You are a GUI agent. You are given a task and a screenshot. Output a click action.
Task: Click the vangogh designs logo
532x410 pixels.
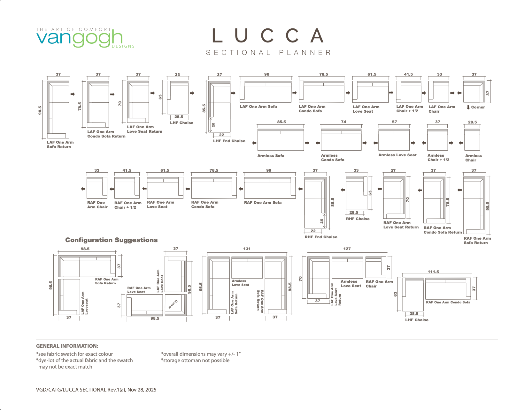(85, 38)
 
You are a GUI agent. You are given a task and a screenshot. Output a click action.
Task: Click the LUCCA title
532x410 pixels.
(268, 35)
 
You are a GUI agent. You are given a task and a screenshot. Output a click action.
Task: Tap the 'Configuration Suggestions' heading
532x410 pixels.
(112, 240)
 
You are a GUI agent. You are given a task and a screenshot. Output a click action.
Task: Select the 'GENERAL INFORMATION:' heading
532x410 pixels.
(67, 346)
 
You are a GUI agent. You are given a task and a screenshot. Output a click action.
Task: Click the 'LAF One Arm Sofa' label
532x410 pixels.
(258, 107)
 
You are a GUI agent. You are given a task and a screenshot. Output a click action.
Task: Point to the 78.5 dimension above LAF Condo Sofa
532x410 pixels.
(324, 74)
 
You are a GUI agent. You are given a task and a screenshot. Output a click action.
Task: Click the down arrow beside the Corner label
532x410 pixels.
(468, 108)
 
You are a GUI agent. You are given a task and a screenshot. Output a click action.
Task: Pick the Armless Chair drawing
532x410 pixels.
(472, 139)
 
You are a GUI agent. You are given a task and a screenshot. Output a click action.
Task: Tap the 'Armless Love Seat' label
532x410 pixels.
(397, 155)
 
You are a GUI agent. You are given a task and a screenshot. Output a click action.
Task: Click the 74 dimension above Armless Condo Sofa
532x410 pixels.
(343, 122)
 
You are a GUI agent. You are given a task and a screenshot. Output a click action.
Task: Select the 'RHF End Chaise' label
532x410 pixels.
(321, 237)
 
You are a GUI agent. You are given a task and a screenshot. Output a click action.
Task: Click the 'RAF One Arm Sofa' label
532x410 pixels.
(263, 203)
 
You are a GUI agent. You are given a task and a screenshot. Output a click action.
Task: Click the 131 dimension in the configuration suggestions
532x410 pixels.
(247, 249)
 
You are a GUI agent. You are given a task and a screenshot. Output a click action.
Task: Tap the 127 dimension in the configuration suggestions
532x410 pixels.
(347, 249)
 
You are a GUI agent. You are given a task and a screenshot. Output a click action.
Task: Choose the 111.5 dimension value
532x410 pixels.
(433, 272)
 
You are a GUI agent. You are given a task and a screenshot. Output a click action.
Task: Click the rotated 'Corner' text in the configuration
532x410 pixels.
(173, 304)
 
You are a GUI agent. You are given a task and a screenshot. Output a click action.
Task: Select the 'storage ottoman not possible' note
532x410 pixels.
(195, 361)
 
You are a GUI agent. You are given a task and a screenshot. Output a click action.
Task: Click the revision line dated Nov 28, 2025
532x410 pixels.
(96, 390)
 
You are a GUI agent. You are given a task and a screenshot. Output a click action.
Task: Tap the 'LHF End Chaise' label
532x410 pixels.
(229, 141)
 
